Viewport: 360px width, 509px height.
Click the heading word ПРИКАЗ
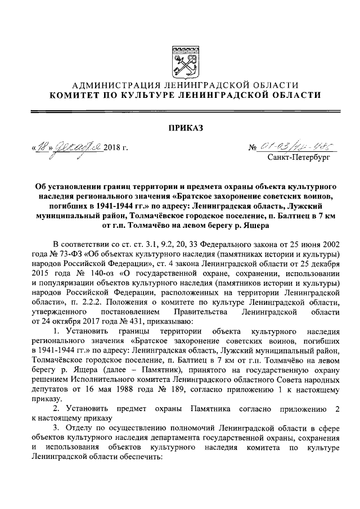179,128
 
